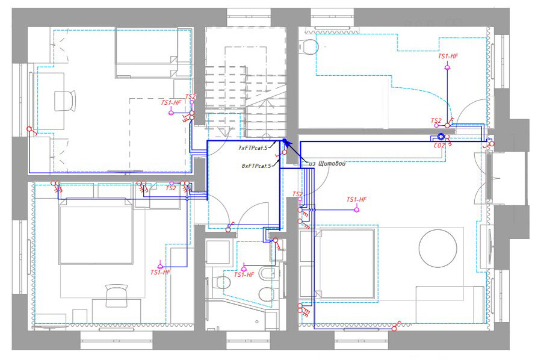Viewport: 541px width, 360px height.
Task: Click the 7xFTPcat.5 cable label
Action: coord(253,147)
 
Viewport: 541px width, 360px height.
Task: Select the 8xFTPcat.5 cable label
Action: coord(256,166)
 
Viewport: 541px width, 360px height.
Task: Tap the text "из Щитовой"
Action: coord(327,163)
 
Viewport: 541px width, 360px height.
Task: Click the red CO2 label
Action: coord(439,146)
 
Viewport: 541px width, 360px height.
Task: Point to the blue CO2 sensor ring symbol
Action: coord(441,137)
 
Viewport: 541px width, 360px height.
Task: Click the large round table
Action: coord(438,248)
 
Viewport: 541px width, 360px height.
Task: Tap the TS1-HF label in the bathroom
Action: coord(244,275)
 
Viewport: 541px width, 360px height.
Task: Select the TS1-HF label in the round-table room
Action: coord(356,199)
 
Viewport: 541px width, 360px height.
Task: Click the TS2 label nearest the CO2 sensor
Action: coord(436,120)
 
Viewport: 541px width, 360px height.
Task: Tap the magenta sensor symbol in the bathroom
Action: coord(244,268)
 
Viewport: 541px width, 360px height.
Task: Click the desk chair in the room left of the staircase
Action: coord(65,101)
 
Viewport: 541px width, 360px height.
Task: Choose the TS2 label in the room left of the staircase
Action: coord(191,97)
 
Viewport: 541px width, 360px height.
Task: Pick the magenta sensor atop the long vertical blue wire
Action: coord(447,67)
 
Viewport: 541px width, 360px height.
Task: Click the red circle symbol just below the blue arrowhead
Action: coord(285,152)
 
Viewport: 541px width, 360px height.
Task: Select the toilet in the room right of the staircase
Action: coord(309,47)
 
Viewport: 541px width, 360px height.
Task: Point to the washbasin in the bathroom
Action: coord(276,249)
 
